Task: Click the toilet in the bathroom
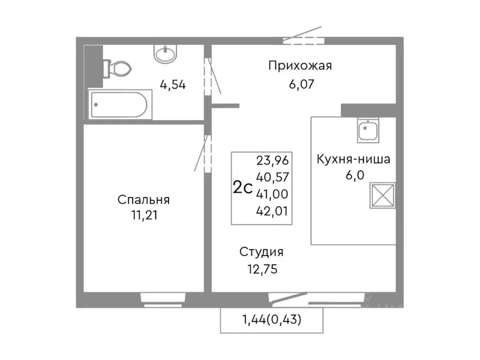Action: pos(117,69)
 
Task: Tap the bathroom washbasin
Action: pos(165,54)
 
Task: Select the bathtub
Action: pos(120,105)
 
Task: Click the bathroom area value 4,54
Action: pos(173,85)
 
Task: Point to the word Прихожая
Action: pos(300,66)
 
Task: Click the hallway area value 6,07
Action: pos(300,85)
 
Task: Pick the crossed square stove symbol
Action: pos(383,196)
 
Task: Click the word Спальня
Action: pos(143,200)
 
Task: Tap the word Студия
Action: pos(262,252)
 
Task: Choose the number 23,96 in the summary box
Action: pos(272,161)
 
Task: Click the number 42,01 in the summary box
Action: pos(272,211)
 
